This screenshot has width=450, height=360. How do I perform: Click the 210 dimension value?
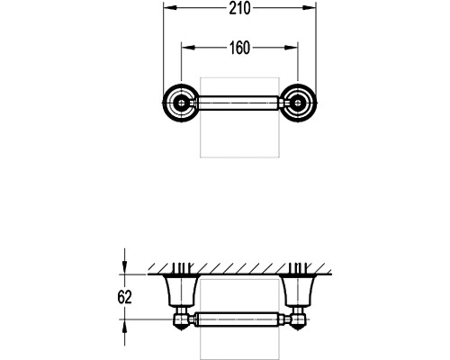(x=239, y=8)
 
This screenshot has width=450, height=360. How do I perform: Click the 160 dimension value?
(x=239, y=48)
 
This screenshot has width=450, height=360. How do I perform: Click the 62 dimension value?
(x=124, y=297)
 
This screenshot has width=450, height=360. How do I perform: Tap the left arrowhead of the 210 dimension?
(x=169, y=8)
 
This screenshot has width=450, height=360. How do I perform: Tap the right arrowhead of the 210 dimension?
(x=310, y=8)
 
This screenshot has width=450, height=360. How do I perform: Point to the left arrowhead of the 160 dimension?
(x=188, y=48)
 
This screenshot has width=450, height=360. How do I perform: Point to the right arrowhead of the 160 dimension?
(x=292, y=48)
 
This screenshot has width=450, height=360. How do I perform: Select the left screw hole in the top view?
(x=182, y=103)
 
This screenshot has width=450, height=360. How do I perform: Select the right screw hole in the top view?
(x=298, y=103)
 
